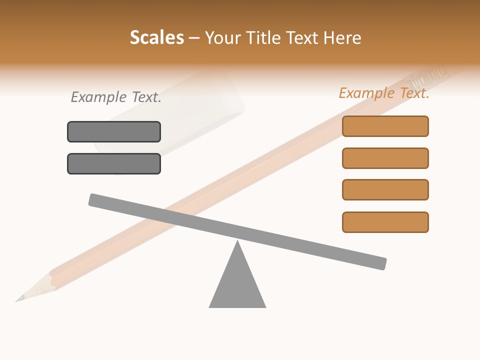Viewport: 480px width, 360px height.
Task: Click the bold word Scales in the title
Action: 156,38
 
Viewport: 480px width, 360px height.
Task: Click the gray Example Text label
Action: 116,97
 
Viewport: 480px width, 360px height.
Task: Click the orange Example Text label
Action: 384,93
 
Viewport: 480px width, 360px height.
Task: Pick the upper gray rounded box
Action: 114,132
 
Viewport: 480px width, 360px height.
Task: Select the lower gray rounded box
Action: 114,163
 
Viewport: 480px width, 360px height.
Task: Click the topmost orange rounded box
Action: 385,126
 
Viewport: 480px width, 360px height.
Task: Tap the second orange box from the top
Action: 385,158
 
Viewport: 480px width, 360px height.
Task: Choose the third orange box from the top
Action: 385,189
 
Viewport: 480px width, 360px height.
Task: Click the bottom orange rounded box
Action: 385,222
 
